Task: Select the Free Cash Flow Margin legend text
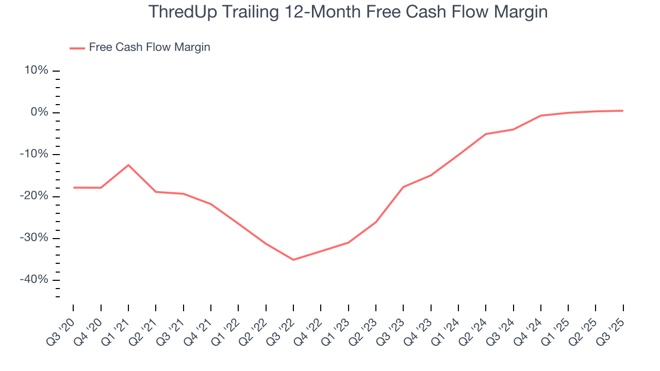(150, 47)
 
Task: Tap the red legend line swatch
(77, 48)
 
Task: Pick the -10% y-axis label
(34, 154)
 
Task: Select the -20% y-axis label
(34, 196)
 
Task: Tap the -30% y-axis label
(34, 238)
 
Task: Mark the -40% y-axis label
(34, 280)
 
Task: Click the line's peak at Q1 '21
(128, 165)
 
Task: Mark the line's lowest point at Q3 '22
(293, 260)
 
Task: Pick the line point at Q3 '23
(403, 187)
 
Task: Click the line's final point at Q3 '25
(623, 111)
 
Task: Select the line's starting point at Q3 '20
(73, 188)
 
